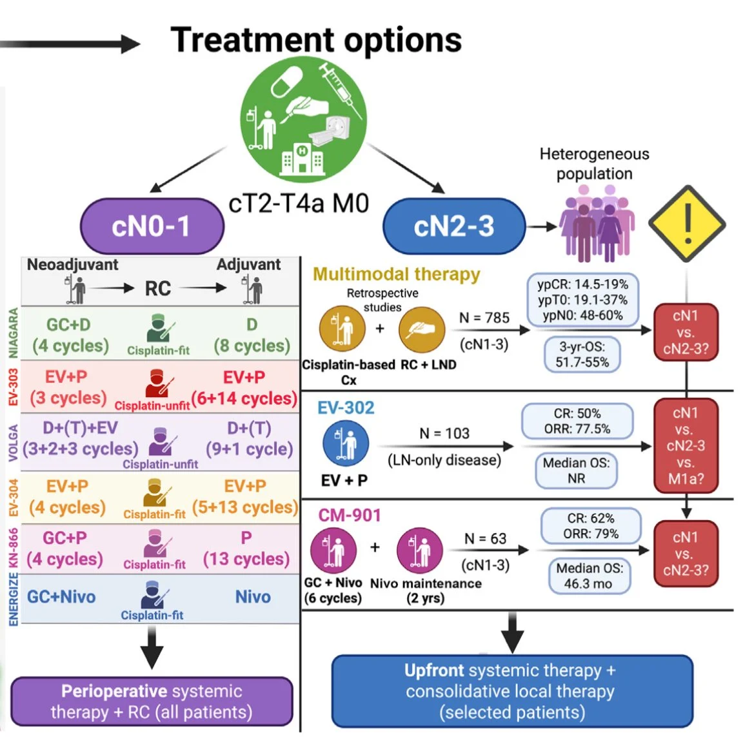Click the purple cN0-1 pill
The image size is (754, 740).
[x=152, y=226]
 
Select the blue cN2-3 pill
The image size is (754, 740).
[x=454, y=226]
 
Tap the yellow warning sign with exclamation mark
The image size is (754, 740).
[x=687, y=224]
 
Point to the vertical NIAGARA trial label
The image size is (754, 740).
[x=14, y=333]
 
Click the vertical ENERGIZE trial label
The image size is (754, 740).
[x=14, y=599]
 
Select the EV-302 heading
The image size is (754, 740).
[x=346, y=407]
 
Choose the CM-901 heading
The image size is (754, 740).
[x=350, y=515]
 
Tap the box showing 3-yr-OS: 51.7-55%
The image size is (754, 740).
[x=582, y=354]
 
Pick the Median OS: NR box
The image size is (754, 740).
[x=576, y=471]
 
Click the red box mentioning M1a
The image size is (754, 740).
[x=685, y=446]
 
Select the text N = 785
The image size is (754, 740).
[x=484, y=318]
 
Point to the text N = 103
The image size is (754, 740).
[x=444, y=433]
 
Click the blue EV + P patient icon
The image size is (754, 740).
[x=345, y=443]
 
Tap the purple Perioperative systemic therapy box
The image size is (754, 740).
[x=152, y=701]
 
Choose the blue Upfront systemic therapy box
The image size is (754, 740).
[x=511, y=691]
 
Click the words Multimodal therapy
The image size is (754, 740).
[x=397, y=274]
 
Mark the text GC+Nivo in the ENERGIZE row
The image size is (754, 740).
[x=61, y=597]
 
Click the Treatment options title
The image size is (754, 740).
[x=316, y=40]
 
